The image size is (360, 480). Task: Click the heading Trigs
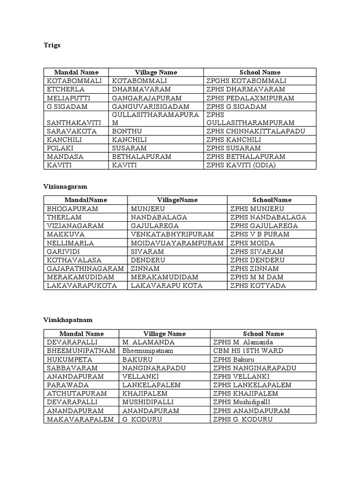pyautogui.click(x=52, y=45)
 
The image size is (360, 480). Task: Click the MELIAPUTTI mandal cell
pyautogui.click(x=68, y=98)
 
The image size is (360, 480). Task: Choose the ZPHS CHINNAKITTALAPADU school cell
pyautogui.click(x=255, y=131)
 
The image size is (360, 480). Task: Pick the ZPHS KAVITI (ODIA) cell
pyautogui.click(x=241, y=165)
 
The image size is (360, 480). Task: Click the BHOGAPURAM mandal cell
pyautogui.click(x=72, y=209)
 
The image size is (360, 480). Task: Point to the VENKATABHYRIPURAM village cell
pyautogui.click(x=172, y=234)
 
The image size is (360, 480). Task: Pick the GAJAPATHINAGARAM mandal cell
pyautogui.click(x=85, y=269)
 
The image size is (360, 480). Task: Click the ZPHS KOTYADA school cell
pyautogui.click(x=258, y=285)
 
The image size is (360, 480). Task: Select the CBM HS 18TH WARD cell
pyautogui.click(x=248, y=351)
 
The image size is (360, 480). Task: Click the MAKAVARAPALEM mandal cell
pyautogui.click(x=80, y=419)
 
